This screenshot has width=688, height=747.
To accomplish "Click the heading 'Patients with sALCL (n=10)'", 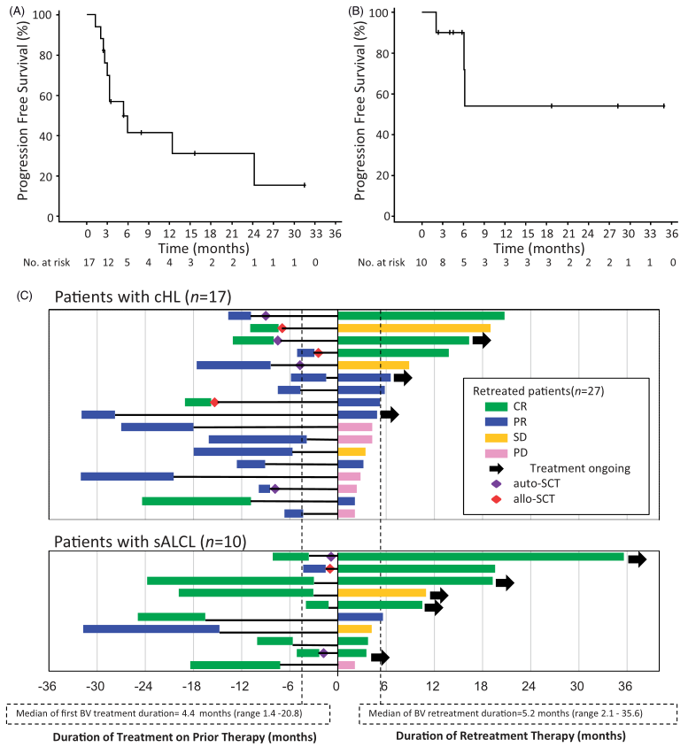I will (x=151, y=541).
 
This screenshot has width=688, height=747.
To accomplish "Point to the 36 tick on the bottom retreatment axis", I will (x=624, y=687).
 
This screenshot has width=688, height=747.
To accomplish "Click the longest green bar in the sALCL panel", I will (x=480, y=557).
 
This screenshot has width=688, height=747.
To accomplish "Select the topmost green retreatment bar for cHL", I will (x=421, y=316).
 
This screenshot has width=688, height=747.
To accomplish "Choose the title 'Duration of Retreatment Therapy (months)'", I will (x=512, y=735).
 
